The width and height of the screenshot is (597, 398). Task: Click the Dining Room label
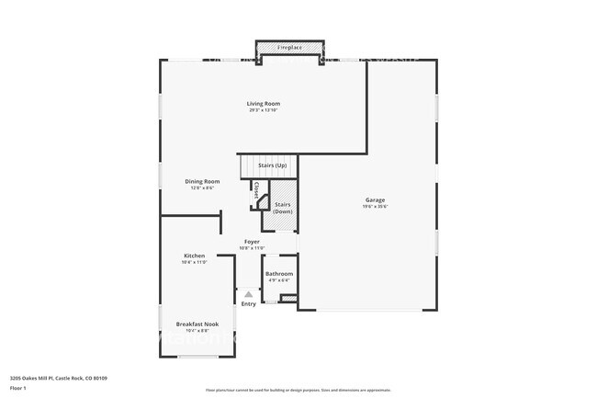pyautogui.click(x=202, y=181)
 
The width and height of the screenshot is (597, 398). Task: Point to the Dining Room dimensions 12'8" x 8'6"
pyautogui.click(x=202, y=188)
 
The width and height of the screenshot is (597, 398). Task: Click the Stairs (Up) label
pyautogui.click(x=272, y=165)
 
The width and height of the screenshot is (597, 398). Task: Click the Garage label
pyautogui.click(x=375, y=199)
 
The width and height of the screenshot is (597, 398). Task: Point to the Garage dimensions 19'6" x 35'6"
pyautogui.click(x=375, y=207)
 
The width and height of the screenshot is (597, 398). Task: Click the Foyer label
pyautogui.click(x=252, y=241)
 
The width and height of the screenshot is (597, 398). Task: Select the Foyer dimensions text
pyautogui.click(x=252, y=248)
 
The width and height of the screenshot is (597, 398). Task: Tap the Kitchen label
pyautogui.click(x=194, y=256)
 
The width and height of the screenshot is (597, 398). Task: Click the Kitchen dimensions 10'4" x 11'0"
pyautogui.click(x=194, y=263)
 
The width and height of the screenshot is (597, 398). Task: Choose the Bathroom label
pyautogui.click(x=279, y=274)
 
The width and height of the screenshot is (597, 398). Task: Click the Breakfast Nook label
pyautogui.click(x=197, y=324)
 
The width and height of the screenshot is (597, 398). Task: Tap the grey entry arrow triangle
pyautogui.click(x=248, y=294)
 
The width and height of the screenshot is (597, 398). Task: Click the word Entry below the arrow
pyautogui.click(x=249, y=304)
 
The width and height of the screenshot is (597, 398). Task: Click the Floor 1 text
pyautogui.click(x=18, y=389)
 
